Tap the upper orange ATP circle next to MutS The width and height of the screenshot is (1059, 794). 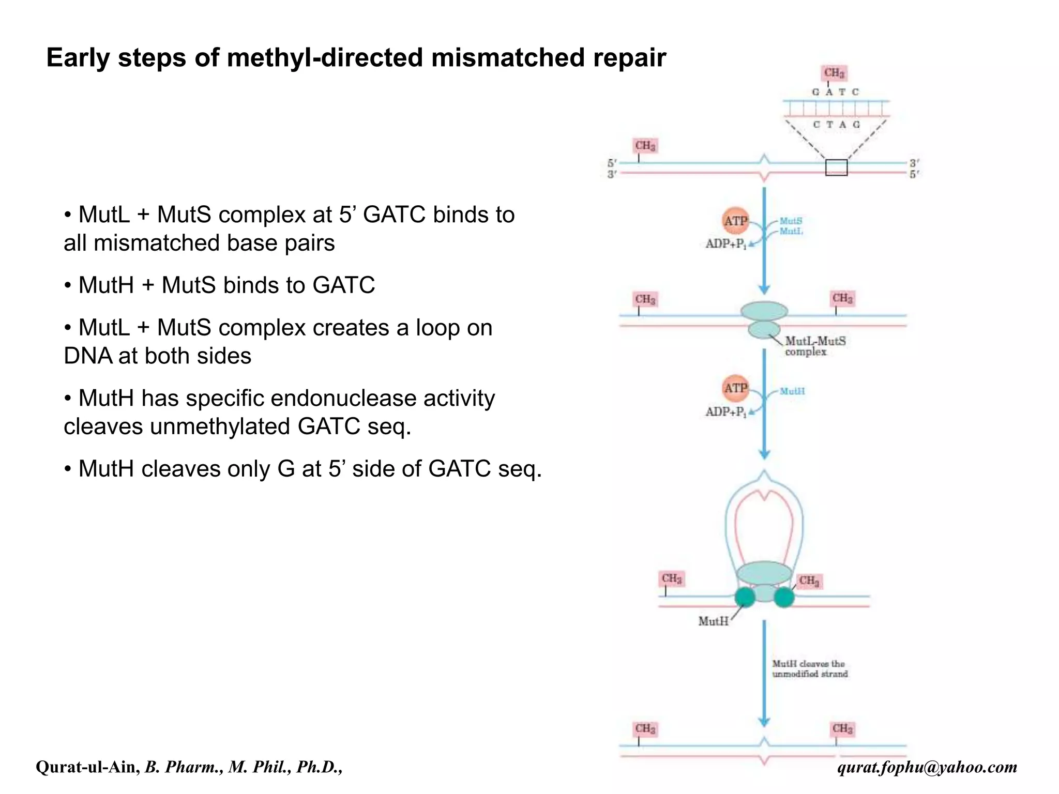tap(735, 221)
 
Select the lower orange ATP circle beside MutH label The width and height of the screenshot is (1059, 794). tap(735, 388)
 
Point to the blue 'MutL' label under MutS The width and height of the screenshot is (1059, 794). tap(791, 232)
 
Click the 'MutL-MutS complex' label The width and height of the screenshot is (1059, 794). tap(815, 346)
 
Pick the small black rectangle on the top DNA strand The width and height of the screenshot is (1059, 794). tap(836, 168)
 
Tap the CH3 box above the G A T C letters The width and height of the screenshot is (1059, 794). tap(834, 73)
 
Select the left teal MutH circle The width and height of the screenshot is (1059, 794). tap(745, 597)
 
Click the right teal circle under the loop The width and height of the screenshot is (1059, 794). tap(784, 597)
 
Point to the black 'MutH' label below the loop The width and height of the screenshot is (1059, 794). tap(713, 621)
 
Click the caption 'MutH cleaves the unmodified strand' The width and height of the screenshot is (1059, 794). tap(809, 668)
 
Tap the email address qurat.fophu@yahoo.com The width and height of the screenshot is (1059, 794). tap(927, 767)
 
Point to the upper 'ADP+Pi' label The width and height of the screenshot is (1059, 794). tap(726, 244)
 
